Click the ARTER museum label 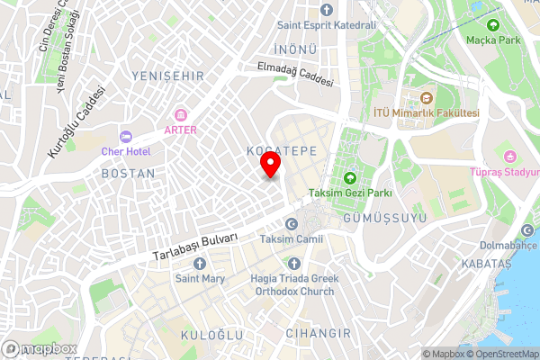coord(180,130)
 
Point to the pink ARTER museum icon coord(180,114)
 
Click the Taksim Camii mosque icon coord(290,224)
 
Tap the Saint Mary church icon coord(199,264)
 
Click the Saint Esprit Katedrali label coord(326,25)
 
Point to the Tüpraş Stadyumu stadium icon coord(508,157)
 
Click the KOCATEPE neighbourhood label coord(281,151)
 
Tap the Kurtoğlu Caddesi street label coord(76,123)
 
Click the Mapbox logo coord(40,347)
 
